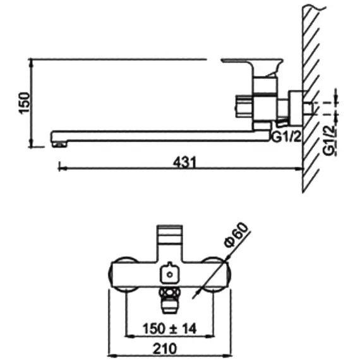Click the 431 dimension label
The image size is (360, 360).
click(x=184, y=162)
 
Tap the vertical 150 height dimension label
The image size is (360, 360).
click(x=24, y=103)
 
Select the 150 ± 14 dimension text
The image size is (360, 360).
click(x=170, y=328)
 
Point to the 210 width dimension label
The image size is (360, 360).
click(x=165, y=349)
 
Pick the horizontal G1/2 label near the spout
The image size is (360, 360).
click(x=286, y=137)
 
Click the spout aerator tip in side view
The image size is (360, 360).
click(x=59, y=144)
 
